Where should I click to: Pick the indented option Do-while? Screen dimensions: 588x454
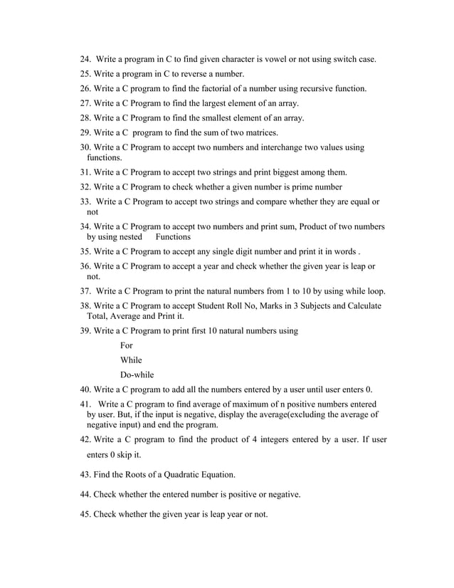coord(137,374)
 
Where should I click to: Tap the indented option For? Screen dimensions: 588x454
coord(127,345)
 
